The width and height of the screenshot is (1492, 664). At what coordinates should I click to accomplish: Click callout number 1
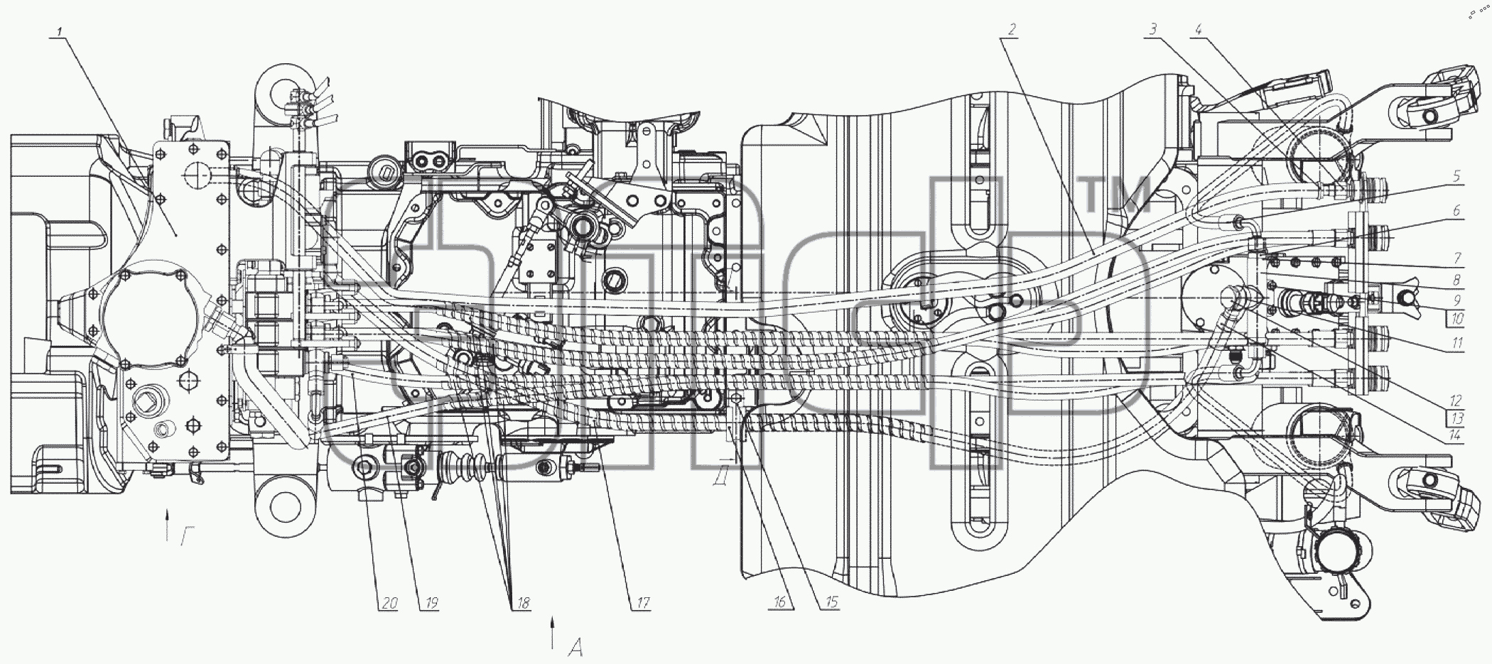(61, 31)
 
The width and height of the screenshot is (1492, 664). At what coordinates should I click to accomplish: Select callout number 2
(1012, 29)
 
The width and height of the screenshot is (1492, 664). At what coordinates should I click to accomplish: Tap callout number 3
(1154, 29)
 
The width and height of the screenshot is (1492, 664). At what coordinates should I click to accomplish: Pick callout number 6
(1456, 211)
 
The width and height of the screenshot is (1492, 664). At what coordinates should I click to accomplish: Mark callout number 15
(830, 602)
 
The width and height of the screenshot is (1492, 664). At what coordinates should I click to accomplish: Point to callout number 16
(779, 602)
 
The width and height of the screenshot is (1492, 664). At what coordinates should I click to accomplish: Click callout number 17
(642, 604)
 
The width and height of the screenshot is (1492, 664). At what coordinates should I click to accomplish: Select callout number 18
(522, 604)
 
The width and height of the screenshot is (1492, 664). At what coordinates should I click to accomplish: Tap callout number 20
(388, 604)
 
